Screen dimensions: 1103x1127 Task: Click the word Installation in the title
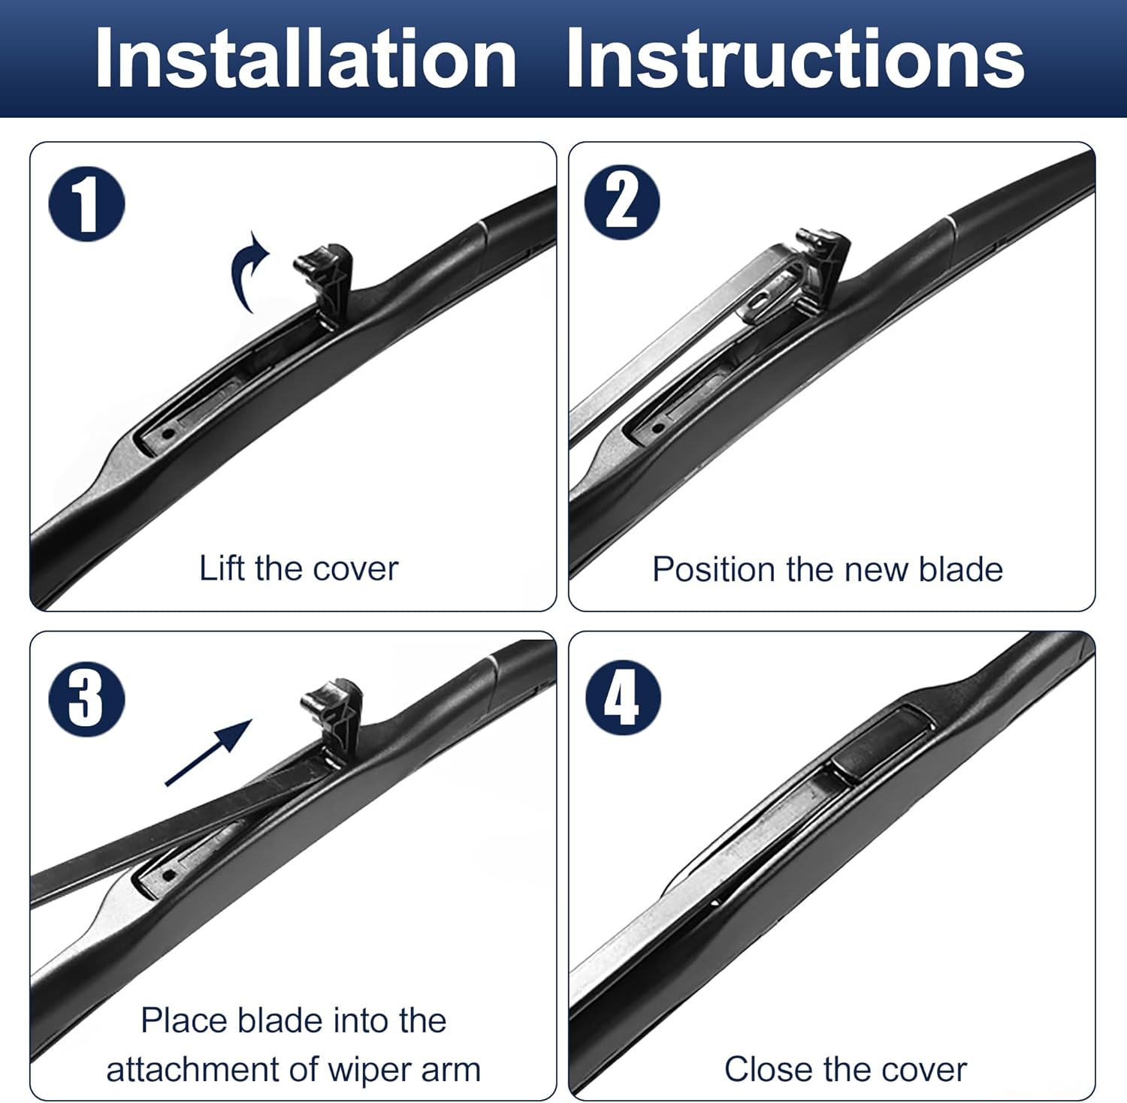(305, 59)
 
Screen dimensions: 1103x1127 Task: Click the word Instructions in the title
(795, 59)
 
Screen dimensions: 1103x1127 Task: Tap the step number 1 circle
(86, 204)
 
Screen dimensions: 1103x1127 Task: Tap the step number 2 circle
(621, 203)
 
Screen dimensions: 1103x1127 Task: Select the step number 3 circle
(86, 699)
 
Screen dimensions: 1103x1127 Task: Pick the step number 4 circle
(623, 698)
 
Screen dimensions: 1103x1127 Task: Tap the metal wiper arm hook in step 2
(774, 297)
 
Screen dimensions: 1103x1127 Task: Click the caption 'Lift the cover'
(298, 568)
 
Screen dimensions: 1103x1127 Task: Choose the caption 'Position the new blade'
(827, 569)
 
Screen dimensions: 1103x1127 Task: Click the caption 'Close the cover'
(845, 1068)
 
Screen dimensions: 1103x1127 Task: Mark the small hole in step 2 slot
(658, 428)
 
